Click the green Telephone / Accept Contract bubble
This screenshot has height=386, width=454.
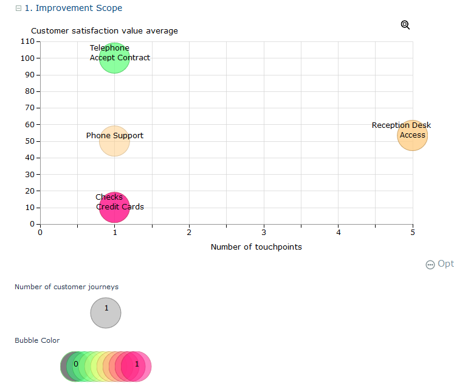click(114, 58)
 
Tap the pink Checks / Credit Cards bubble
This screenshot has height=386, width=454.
click(114, 207)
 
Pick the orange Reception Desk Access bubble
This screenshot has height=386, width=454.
click(413, 135)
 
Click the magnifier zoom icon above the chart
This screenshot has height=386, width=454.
click(405, 25)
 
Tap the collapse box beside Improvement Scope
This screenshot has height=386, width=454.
click(19, 9)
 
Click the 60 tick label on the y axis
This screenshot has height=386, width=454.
click(28, 125)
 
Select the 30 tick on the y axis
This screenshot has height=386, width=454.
click(28, 175)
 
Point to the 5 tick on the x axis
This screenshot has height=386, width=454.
click(413, 232)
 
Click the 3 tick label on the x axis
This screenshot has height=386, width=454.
click(264, 232)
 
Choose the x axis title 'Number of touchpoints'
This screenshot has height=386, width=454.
click(256, 247)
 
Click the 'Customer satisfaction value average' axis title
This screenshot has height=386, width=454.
click(105, 31)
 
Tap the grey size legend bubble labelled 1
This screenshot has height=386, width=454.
click(106, 313)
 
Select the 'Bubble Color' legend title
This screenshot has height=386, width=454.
click(37, 340)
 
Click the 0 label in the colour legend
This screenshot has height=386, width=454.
click(75, 364)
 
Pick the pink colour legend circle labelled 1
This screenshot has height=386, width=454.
click(136, 367)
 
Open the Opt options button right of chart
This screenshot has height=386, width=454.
click(439, 264)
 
